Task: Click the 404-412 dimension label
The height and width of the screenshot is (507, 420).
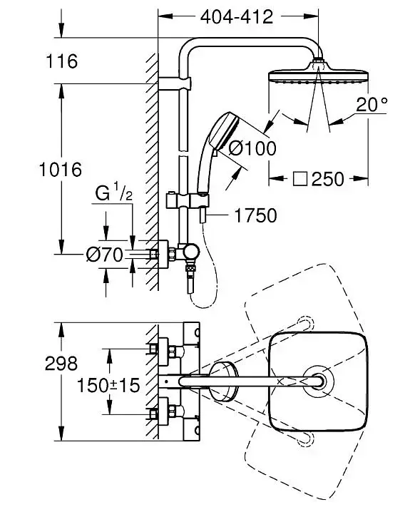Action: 237,17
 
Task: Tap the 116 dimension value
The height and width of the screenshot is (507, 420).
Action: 62,61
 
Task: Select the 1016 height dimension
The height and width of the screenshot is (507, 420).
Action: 61,170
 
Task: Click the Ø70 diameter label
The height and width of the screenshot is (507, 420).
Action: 105,254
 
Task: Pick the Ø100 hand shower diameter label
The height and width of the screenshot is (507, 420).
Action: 252,148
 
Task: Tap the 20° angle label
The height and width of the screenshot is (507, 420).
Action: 372,104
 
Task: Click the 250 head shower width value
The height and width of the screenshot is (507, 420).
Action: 327,179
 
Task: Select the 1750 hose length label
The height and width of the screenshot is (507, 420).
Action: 255,215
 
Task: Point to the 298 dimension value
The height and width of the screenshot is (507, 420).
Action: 61,363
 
